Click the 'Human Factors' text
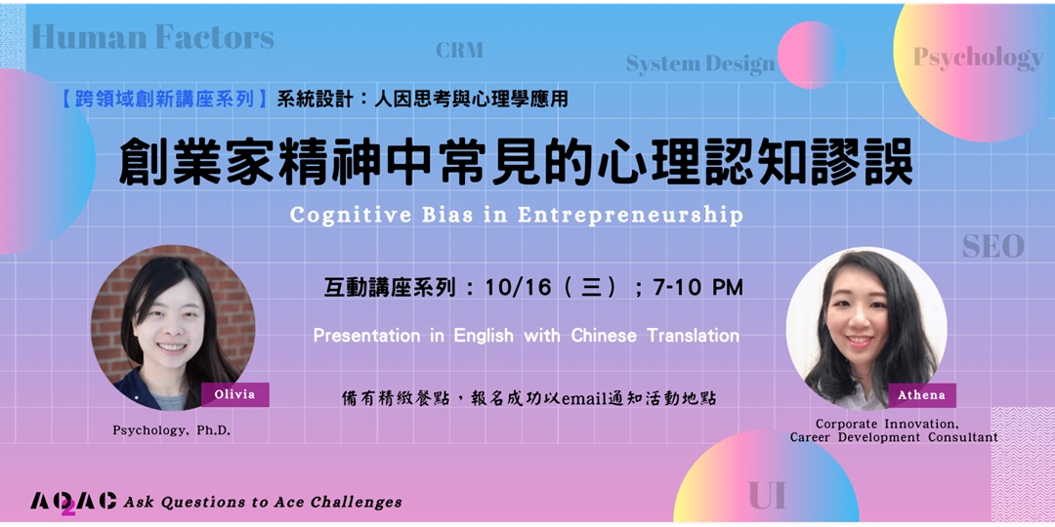coord(152,37)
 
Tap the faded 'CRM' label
coord(459,50)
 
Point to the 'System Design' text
coord(699,64)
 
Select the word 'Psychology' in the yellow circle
coord(978,58)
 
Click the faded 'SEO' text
coord(992,246)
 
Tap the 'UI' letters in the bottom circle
coord(767,496)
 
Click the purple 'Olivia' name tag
coord(234,394)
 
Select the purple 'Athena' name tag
coord(921,395)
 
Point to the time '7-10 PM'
coord(698,287)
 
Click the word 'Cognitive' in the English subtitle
coord(346,215)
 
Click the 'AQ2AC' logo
coord(73,502)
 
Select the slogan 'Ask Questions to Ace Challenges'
coord(262,502)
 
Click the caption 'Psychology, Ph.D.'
coord(172,430)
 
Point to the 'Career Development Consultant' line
coord(894,437)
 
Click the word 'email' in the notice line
coord(583,398)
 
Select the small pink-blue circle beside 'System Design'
coord(810,55)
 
